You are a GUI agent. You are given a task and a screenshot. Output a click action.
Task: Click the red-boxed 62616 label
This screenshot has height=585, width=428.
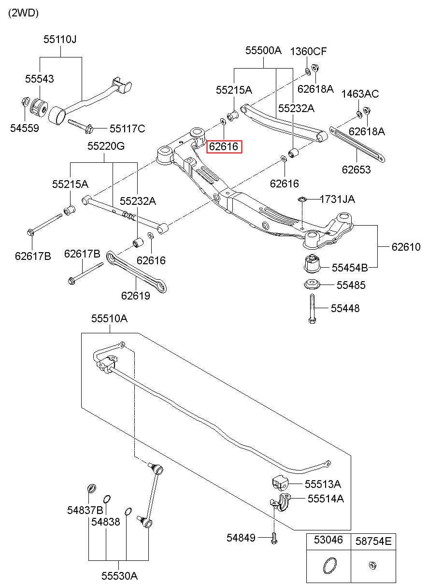pyautogui.click(x=224, y=146)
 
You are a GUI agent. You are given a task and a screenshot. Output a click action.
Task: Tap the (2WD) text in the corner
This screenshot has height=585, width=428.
pyautogui.click(x=24, y=13)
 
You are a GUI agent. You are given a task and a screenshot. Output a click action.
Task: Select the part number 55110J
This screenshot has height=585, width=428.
pyautogui.click(x=60, y=40)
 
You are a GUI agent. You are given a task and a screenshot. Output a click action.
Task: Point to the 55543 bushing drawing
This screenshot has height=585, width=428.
pyautogui.click(x=39, y=108)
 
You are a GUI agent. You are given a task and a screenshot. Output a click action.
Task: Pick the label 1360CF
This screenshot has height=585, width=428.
pyautogui.click(x=308, y=52)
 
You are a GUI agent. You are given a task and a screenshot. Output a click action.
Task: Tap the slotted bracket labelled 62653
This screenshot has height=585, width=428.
pyautogui.click(x=357, y=144)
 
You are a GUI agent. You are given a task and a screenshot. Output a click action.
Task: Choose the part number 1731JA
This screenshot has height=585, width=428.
pyautogui.click(x=337, y=199)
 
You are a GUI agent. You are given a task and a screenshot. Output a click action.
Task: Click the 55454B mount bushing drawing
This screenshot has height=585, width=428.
pyautogui.click(x=313, y=263)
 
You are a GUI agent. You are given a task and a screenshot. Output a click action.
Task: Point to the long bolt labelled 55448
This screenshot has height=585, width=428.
pyautogui.click(x=313, y=309)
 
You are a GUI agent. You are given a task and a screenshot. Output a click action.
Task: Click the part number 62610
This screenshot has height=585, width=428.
pyautogui.click(x=406, y=247)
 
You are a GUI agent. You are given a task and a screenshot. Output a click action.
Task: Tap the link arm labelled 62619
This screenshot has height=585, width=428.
pyautogui.click(x=137, y=272)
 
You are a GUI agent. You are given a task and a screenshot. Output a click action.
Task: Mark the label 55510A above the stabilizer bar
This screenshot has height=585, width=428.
pyautogui.click(x=110, y=319)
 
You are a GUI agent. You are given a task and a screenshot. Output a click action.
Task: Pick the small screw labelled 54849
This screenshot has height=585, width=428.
pyautogui.click(x=274, y=538)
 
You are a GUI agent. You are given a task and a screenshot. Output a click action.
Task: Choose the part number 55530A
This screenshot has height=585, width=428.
pyautogui.click(x=120, y=576)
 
